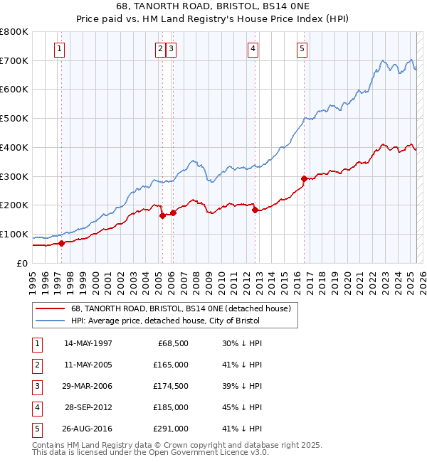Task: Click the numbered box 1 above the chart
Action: (x=58, y=49)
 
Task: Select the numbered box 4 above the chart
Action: (x=253, y=49)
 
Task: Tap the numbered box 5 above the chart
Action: (x=302, y=49)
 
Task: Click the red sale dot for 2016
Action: (x=304, y=178)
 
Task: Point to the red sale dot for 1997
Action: (x=61, y=243)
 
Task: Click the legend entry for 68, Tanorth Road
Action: (x=181, y=309)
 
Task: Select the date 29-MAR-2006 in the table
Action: (x=88, y=386)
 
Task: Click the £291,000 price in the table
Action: (x=171, y=429)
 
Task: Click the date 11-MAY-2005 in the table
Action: (x=88, y=365)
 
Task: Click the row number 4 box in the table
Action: (x=37, y=407)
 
